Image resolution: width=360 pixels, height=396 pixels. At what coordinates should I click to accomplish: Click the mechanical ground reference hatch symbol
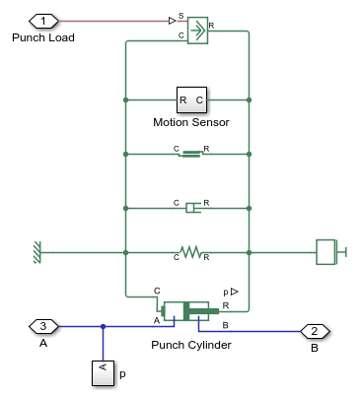coord(36,252)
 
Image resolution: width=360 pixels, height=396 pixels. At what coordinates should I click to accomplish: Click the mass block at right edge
coord(327,252)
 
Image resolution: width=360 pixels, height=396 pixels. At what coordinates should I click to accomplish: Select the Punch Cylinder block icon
coord(185,312)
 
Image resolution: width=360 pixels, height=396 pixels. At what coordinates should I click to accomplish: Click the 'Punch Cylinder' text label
coord(191,345)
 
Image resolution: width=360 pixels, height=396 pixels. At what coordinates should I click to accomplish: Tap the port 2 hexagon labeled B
coord(314,331)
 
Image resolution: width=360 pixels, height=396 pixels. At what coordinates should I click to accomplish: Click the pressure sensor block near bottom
coord(104,373)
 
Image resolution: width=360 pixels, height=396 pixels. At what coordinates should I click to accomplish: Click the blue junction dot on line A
coord(104,326)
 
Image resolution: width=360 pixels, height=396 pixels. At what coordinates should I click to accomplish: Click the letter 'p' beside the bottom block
coord(122,375)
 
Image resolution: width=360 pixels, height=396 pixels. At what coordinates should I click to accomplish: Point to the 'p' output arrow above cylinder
coord(233,293)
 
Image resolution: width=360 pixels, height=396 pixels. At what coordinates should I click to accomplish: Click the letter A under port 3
coord(42,343)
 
